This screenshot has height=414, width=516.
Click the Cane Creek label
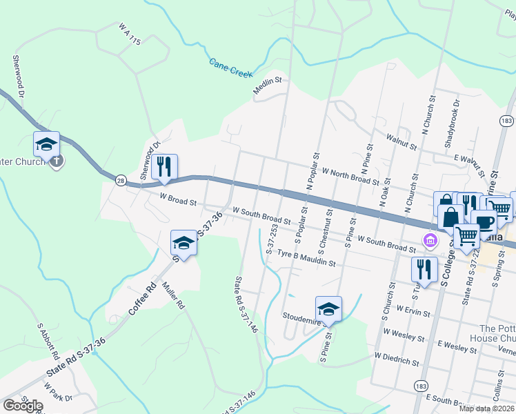coord(230,68)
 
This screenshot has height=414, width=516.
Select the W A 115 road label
coord(129,34)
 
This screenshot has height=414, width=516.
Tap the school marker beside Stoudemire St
coord(328,309)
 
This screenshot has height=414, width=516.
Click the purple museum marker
coord(430,240)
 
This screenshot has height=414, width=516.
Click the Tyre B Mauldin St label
coord(306,258)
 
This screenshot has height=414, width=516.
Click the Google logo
coord(23,405)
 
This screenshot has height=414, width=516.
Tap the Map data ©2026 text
coord(487,408)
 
